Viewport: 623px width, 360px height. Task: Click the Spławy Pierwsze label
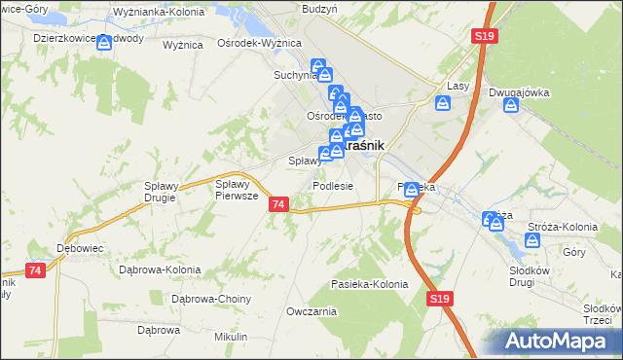236,189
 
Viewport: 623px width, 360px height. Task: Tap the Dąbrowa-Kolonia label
159,270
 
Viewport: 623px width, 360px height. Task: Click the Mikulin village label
232,336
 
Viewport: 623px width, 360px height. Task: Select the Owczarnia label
311,311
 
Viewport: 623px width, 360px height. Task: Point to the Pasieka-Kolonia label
369,284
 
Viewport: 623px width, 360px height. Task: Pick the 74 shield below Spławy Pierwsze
279,204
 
